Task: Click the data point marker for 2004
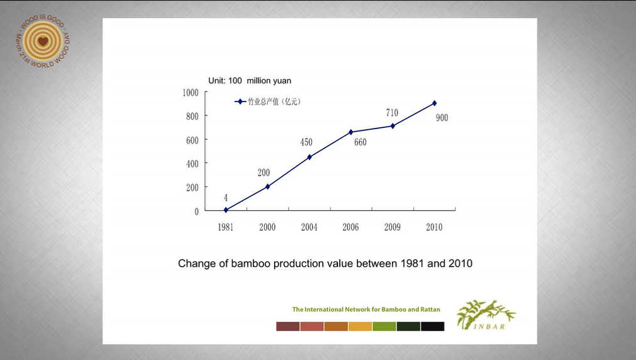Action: (x=309, y=157)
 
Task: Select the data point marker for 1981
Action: (x=226, y=210)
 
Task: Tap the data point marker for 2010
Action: (x=434, y=103)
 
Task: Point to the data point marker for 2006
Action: (x=351, y=132)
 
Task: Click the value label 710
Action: (x=392, y=113)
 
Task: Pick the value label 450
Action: (x=306, y=142)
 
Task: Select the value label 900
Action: (x=442, y=118)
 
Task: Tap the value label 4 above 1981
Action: (x=226, y=198)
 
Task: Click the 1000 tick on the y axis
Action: (x=191, y=92)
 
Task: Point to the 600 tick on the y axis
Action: (x=192, y=140)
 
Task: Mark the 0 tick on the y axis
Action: (x=196, y=211)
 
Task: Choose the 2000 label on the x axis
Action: (x=267, y=227)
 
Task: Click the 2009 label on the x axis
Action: (x=392, y=227)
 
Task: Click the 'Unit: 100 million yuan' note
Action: (x=250, y=80)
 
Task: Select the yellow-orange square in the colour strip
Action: (x=360, y=326)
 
